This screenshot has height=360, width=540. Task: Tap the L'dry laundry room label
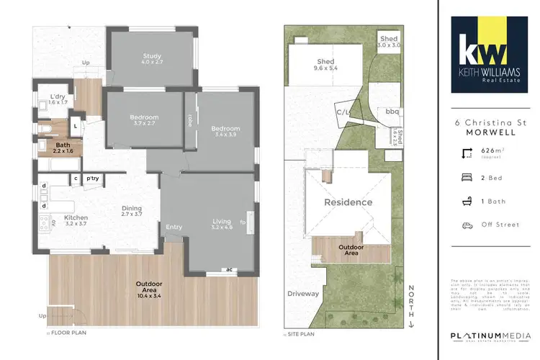[58, 98]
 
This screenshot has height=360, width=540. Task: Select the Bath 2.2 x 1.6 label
[63, 148]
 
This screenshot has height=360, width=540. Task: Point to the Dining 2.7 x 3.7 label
[132, 210]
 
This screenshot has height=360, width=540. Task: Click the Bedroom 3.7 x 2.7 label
[144, 120]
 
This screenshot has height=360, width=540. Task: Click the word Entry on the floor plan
[174, 228]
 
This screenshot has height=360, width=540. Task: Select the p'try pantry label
[92, 179]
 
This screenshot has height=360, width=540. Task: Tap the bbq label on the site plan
[392, 112]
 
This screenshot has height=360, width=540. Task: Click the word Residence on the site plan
[348, 202]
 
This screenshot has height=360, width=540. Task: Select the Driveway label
[302, 294]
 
